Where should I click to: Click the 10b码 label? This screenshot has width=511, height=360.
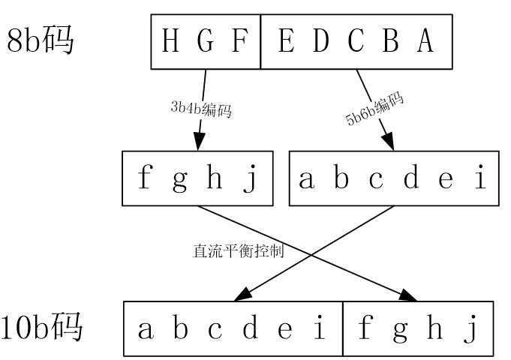[44, 328]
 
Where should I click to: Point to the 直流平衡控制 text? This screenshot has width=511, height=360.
[238, 251]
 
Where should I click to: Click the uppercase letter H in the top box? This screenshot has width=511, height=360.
[170, 42]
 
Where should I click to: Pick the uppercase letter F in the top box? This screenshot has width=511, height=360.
[239, 42]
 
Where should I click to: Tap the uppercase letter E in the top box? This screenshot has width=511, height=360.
[285, 42]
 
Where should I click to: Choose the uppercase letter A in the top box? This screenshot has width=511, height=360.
[425, 42]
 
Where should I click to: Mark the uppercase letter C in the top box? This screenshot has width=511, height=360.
[356, 42]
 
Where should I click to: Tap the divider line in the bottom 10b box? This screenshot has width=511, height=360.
[343, 328]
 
